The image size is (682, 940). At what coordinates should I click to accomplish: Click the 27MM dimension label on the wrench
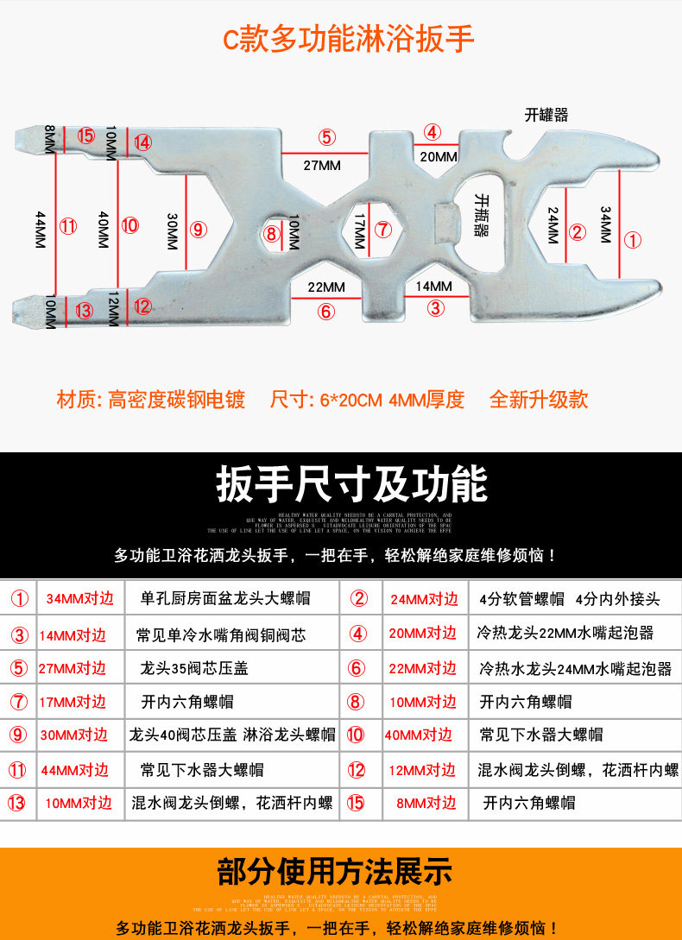point(321,165)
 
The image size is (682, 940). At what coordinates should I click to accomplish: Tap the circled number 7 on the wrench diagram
point(384,230)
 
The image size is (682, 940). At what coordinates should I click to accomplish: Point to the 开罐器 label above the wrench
point(546,115)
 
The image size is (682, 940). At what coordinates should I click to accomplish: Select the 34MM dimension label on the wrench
point(605,224)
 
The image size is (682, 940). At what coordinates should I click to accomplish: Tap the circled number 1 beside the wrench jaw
point(633,240)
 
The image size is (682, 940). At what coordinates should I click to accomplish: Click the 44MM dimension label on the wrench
point(40,230)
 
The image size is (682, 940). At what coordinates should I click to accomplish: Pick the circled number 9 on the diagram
point(199,230)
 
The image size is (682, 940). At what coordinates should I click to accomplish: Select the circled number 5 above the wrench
point(325,136)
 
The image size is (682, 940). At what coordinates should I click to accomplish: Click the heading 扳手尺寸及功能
point(351,484)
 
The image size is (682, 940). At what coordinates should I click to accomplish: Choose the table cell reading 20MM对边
point(423,634)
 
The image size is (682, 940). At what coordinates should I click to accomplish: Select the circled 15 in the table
point(355,803)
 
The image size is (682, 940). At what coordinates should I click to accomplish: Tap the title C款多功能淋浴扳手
point(349,40)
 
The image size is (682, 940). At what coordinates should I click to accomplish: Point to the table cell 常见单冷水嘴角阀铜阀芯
point(221,635)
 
